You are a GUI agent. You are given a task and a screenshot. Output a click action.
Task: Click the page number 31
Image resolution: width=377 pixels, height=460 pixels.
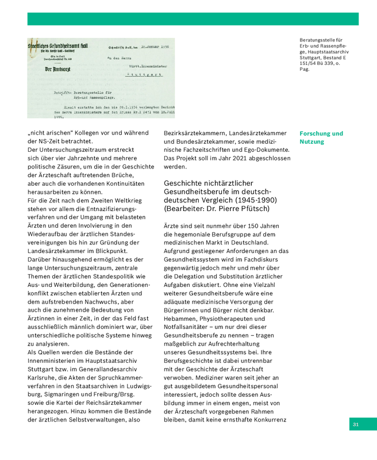[356, 424]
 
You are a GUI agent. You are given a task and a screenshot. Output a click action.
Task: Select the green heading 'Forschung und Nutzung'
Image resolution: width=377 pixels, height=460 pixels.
[321, 137]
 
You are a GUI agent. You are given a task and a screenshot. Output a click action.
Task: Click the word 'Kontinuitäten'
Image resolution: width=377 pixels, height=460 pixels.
[125, 183]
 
